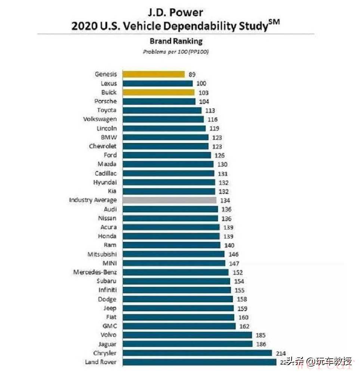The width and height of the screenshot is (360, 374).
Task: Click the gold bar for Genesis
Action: tap(153, 74)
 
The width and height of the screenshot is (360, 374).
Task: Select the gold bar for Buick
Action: tap(159, 92)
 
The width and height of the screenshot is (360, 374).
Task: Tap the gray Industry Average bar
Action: tap(169, 200)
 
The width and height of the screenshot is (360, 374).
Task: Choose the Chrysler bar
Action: tap(197, 353)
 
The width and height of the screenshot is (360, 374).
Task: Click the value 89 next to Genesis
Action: tap(192, 74)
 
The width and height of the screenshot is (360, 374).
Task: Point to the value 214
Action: tap(280, 353)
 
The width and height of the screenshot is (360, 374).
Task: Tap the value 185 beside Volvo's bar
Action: tap(260, 335)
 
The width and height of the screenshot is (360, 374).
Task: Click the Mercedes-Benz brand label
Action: tap(95, 272)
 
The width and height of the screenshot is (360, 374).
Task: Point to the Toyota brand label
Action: tap(107, 110)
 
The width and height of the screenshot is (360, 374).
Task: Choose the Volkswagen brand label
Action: tap(100, 119)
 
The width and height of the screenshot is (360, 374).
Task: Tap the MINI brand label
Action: tap(109, 263)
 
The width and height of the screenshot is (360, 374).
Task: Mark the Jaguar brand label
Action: tap(107, 344)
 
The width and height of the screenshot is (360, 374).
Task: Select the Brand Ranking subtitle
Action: tap(176, 41)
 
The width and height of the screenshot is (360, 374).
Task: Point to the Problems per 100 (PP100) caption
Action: tap(176, 52)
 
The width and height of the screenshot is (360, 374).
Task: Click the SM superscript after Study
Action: tap(274, 22)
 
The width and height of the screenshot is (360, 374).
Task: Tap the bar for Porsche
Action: tap(159, 101)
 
